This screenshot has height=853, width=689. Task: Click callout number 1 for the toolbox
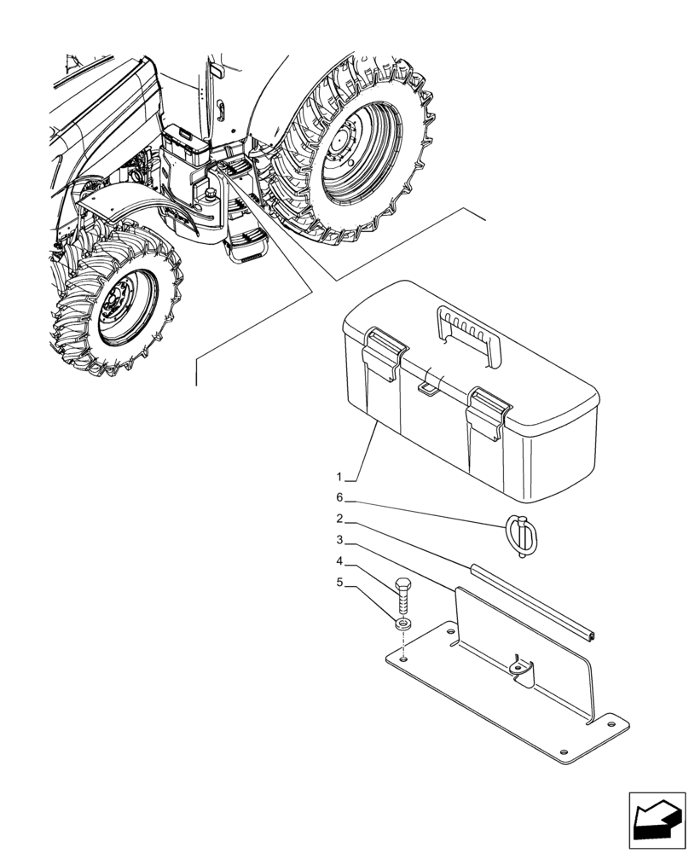[339, 475]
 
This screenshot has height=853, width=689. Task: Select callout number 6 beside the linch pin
[339, 497]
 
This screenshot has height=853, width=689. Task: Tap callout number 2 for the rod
[339, 519]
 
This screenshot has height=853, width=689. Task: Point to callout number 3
[339, 540]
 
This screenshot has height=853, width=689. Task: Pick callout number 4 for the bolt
[339, 561]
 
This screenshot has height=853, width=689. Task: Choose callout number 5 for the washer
[339, 583]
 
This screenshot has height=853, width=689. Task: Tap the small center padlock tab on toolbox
[427, 388]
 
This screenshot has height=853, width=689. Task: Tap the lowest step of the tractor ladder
[246, 247]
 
